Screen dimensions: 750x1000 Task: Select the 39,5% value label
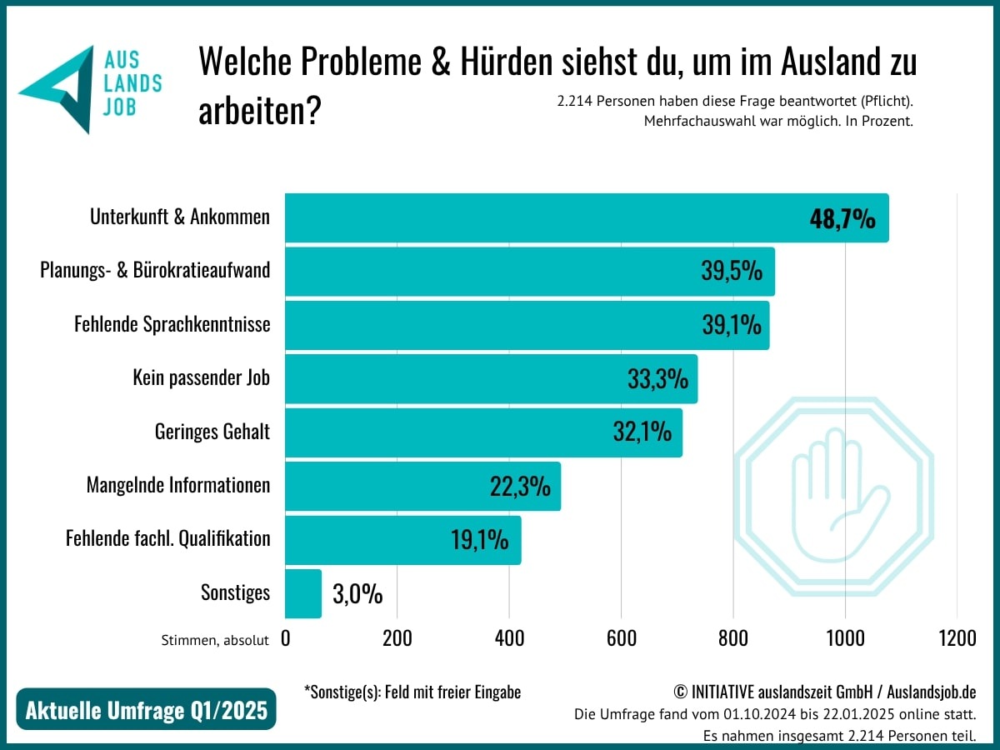(731, 272)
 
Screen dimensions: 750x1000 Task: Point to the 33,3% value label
(657, 379)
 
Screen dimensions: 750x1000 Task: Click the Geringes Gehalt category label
(212, 432)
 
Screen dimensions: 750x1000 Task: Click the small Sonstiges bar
(303, 593)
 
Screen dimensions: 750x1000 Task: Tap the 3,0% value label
(357, 594)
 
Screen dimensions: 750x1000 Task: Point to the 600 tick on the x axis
(621, 639)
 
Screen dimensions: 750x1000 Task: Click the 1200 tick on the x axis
(957, 639)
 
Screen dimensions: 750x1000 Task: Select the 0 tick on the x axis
(286, 639)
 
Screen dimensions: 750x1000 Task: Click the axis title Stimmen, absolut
(215, 640)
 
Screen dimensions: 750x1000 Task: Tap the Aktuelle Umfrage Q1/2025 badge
(146, 710)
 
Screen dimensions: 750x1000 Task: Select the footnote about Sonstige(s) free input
(412, 692)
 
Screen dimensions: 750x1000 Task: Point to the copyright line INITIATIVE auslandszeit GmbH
(825, 692)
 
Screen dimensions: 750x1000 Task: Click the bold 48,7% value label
(842, 219)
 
